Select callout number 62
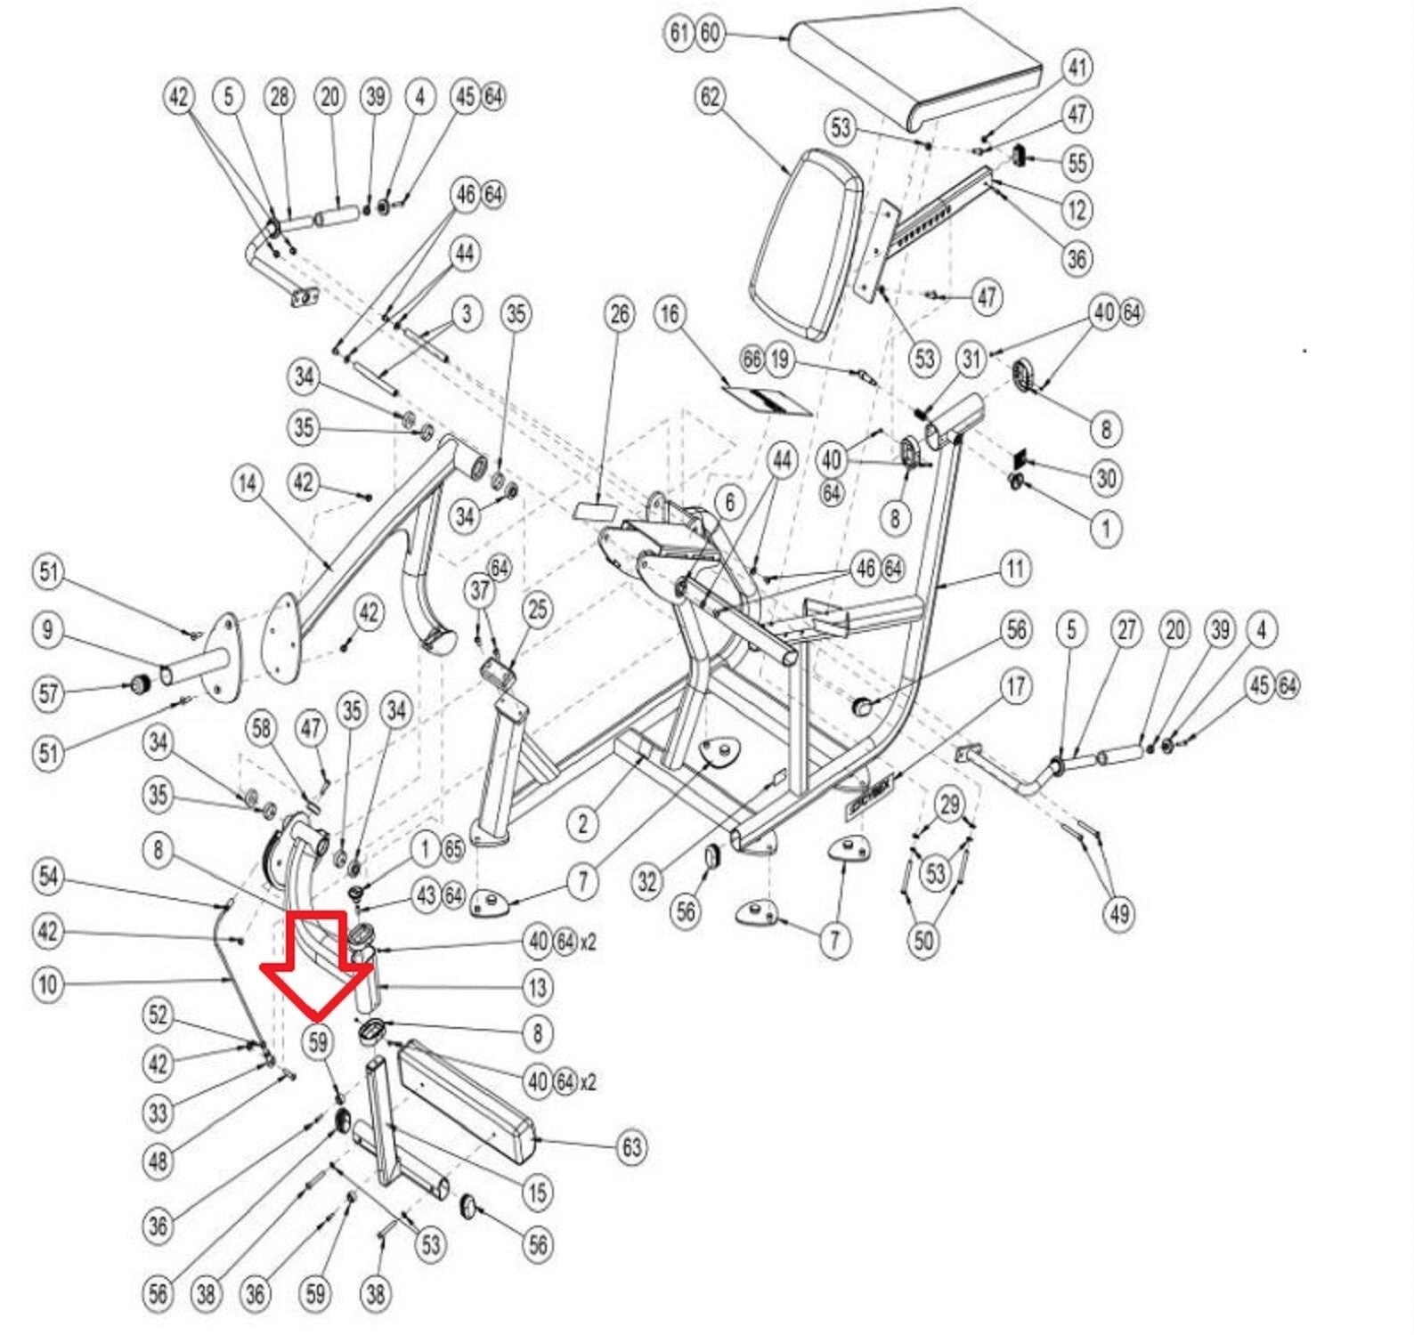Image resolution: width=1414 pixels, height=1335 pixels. pyautogui.click(x=710, y=96)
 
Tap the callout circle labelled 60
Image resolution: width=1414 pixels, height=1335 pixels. pyautogui.click(x=710, y=33)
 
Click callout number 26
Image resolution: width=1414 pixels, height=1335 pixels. pyautogui.click(x=620, y=313)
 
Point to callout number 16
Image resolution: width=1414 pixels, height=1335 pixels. pyautogui.click(x=670, y=313)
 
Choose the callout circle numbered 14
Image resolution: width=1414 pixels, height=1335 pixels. pyautogui.click(x=247, y=483)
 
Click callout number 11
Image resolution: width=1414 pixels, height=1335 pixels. pyautogui.click(x=1015, y=568)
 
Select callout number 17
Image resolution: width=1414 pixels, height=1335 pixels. pyautogui.click(x=1015, y=686)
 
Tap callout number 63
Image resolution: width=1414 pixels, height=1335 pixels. pyautogui.click(x=631, y=1146)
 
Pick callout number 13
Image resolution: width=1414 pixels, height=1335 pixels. pyautogui.click(x=538, y=987)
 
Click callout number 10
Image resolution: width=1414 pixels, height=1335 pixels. pyautogui.click(x=48, y=985)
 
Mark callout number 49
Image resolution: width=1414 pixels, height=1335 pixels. pyautogui.click(x=1118, y=912)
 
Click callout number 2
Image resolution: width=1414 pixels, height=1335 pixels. pyautogui.click(x=582, y=823)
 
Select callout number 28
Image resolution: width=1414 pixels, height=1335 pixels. pyautogui.click(x=280, y=96)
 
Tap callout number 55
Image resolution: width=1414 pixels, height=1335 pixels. pyautogui.click(x=1077, y=163)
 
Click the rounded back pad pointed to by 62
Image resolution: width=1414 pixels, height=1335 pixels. pyautogui.click(x=806, y=245)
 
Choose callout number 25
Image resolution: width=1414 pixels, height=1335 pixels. pyautogui.click(x=538, y=611)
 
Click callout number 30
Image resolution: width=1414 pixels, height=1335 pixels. pyautogui.click(x=1105, y=479)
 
